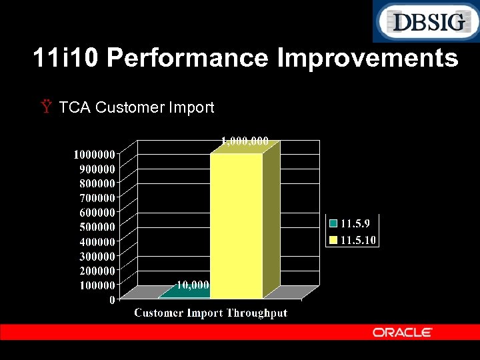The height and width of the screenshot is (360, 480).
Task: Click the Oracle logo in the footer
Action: click(402, 332)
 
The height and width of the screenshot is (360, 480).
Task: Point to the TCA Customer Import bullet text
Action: click(136, 107)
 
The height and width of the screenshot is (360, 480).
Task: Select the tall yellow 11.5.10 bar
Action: click(237, 227)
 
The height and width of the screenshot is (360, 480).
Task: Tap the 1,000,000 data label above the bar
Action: click(245, 141)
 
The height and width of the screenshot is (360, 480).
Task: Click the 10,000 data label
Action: click(193, 285)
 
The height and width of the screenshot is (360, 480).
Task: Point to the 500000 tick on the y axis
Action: click(93, 227)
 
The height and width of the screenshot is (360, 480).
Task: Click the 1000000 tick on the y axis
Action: click(93, 154)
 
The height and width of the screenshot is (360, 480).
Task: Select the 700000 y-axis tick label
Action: click(93, 198)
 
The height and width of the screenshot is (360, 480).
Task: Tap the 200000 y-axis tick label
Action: click(93, 271)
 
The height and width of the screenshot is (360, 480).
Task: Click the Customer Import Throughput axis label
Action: click(211, 313)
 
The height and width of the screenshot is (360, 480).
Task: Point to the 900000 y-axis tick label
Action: click(93, 169)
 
